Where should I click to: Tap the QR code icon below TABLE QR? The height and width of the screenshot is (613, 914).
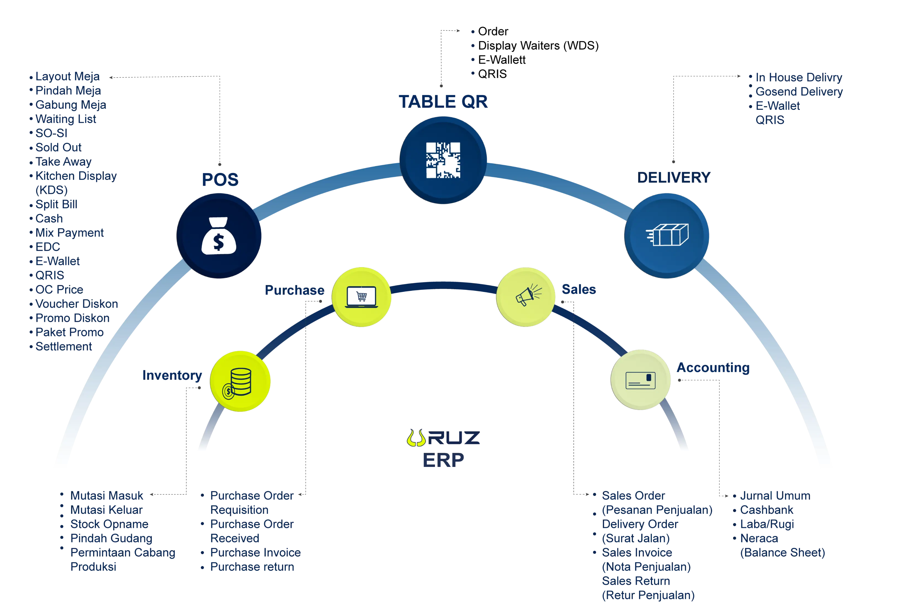pos(443,160)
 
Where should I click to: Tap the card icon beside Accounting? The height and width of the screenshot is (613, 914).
pos(641,380)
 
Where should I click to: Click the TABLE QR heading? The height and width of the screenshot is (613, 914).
pos(443,101)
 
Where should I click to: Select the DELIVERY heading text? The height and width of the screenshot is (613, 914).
pos(674,177)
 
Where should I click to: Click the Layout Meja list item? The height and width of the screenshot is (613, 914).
pos(67,77)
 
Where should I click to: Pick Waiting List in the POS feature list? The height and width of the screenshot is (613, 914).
pos(66,119)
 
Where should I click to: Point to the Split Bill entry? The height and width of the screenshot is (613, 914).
pos(56,204)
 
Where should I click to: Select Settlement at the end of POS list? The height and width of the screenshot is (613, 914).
pos(64,346)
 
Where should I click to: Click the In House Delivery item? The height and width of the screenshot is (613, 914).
pos(799,77)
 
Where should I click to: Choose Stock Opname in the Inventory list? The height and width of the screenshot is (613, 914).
pos(109,524)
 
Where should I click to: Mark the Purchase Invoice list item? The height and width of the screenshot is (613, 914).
pos(256,553)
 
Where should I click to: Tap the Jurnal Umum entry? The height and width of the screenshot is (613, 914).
pos(775,496)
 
